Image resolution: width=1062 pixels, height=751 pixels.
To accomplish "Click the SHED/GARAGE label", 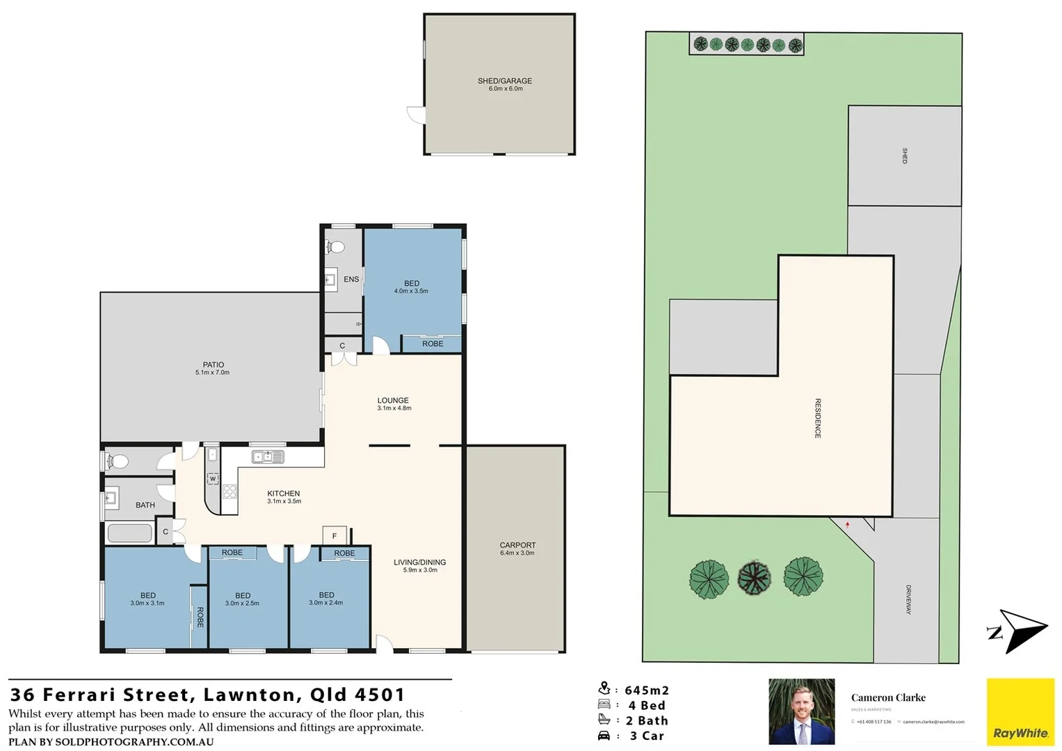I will (504, 81).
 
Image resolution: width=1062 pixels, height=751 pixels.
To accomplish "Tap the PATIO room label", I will (213, 365).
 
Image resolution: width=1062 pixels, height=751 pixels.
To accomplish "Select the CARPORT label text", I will (517, 546).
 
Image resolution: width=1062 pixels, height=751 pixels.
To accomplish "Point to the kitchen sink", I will (268, 457).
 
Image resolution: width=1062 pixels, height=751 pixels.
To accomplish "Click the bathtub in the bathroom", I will (129, 533).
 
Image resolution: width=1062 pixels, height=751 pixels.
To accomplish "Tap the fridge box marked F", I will (335, 535).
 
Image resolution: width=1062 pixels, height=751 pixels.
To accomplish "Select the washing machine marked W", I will (213, 478).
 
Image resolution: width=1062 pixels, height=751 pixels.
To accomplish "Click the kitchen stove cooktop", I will (230, 492).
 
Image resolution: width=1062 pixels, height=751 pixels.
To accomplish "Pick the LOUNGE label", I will (393, 401).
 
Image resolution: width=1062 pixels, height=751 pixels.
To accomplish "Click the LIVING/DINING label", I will (419, 563).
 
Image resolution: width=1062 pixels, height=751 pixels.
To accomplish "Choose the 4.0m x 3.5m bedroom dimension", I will (411, 291).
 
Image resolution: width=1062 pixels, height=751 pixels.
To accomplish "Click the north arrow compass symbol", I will (1018, 631).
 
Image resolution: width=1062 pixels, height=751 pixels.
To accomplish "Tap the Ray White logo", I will (1020, 712).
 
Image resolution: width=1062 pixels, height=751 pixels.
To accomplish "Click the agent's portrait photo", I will (801, 711).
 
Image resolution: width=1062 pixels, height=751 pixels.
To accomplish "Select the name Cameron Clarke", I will (888, 697).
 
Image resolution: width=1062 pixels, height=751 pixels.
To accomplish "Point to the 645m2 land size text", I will (646, 691).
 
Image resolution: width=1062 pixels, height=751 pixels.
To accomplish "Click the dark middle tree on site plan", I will (755, 578).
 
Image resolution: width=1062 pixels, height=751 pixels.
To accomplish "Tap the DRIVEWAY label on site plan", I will (908, 599).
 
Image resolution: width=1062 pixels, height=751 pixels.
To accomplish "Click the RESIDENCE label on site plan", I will (818, 418).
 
